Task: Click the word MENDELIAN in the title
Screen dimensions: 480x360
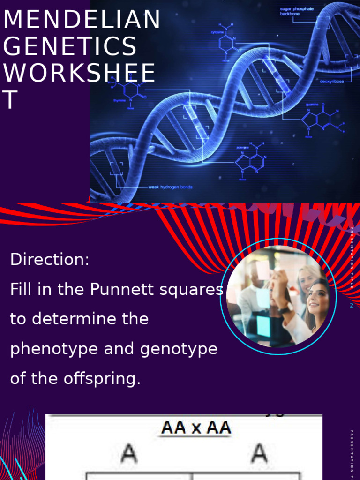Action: [x=82, y=20]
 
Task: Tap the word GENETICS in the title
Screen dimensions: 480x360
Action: [x=70, y=47]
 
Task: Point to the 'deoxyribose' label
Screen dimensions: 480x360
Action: [x=331, y=81]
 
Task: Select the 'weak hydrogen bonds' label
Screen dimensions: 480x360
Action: [x=170, y=187]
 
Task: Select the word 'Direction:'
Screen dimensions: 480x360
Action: [x=50, y=259]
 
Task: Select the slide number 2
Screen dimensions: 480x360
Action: [x=351, y=305]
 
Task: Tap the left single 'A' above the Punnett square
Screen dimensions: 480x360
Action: [x=128, y=453]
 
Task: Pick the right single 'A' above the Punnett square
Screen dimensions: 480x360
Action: [x=259, y=453]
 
